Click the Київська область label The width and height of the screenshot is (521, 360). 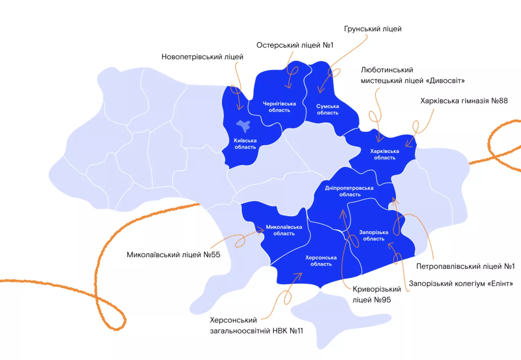(x=245, y=144)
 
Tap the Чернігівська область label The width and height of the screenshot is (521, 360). (x=279, y=107)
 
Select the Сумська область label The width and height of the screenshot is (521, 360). (x=328, y=109)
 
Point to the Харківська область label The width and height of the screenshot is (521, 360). (x=384, y=154)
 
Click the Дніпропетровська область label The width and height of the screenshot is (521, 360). (x=349, y=191)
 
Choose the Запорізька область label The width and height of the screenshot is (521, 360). (x=374, y=235)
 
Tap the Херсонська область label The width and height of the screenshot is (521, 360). (x=321, y=261)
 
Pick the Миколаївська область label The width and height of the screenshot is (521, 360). (x=284, y=230)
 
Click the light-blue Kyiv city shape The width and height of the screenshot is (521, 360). (x=244, y=125)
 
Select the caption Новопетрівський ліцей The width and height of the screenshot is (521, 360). (x=202, y=57)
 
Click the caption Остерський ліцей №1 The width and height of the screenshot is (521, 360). (x=295, y=45)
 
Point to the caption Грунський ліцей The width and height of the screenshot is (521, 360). (x=373, y=29)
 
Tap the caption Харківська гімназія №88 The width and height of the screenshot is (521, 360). (x=464, y=101)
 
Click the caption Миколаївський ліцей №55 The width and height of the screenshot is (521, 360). (x=173, y=255)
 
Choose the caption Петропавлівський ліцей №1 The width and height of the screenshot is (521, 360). (x=465, y=267)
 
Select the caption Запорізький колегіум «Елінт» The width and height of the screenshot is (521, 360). (x=461, y=284)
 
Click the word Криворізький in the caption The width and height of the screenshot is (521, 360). (x=377, y=289)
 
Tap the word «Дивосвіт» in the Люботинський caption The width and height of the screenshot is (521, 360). (x=447, y=81)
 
